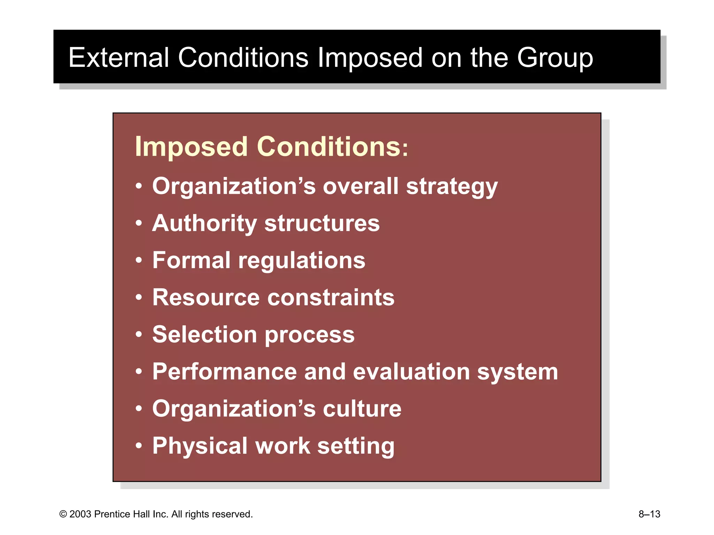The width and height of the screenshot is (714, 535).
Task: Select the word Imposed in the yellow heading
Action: coord(191,147)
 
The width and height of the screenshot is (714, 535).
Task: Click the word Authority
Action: coord(205,224)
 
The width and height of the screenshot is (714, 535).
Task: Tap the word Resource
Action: coord(206,298)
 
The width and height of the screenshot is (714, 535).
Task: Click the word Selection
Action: coord(205,335)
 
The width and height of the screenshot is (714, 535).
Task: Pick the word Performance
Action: coord(225,372)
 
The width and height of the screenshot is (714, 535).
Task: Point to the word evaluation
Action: coord(411,372)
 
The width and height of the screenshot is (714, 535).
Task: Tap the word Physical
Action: coord(200,446)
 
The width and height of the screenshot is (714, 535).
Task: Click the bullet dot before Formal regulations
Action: coord(139,260)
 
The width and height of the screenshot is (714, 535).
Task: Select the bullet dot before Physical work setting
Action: coord(139,445)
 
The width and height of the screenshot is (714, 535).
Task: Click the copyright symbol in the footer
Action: coord(63,514)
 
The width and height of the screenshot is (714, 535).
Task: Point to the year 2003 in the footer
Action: coord(80,514)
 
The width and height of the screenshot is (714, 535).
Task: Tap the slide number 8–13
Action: coord(649,514)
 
